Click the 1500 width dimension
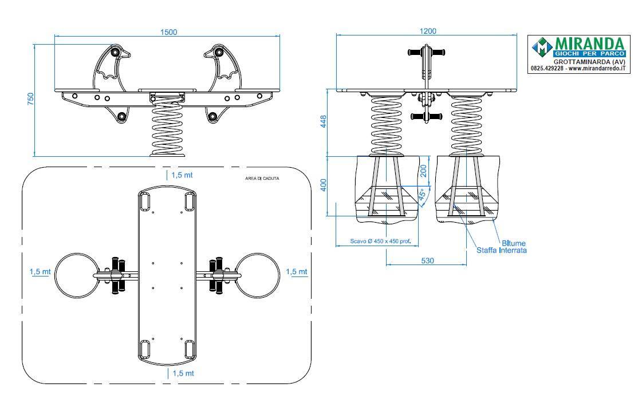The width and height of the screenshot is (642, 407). pyautogui.click(x=168, y=32)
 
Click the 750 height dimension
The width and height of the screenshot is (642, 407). pyautogui.click(x=31, y=98)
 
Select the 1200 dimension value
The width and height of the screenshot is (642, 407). pyautogui.click(x=428, y=31)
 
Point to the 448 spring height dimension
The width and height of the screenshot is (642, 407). pyautogui.click(x=324, y=121)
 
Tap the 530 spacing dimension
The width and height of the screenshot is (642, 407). pyautogui.click(x=427, y=260)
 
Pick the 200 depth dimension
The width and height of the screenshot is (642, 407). pyautogui.click(x=423, y=171)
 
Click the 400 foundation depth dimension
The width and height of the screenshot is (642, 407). pyautogui.click(x=324, y=185)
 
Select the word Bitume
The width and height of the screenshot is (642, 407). pyautogui.click(x=514, y=243)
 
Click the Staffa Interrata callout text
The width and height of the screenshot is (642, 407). pyautogui.click(x=502, y=250)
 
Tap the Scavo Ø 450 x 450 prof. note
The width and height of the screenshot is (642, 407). pyautogui.click(x=380, y=242)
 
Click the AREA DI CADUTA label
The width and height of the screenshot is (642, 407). pyautogui.click(x=262, y=179)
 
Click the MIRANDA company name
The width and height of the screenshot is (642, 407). pyautogui.click(x=589, y=44)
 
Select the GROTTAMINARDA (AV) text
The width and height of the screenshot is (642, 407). pyautogui.click(x=589, y=62)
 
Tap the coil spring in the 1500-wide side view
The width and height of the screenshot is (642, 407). pyautogui.click(x=167, y=128)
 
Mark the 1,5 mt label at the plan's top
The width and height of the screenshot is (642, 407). pyautogui.click(x=182, y=175)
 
